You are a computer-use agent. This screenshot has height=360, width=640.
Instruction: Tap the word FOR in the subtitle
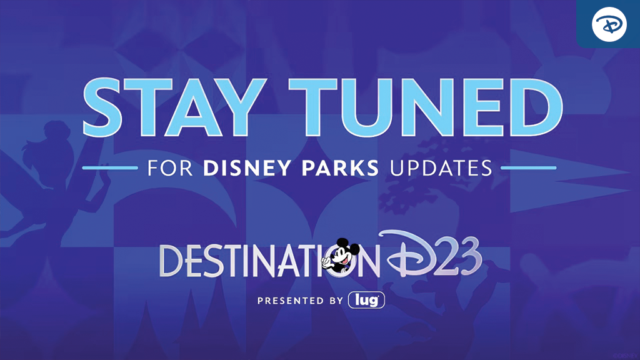coord(170,168)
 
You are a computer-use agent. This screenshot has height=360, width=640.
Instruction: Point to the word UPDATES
coord(441,168)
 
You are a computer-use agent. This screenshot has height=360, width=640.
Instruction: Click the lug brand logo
coord(366,301)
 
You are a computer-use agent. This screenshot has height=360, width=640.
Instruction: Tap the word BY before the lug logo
coord(336,301)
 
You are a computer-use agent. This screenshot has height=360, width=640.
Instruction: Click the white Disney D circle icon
coord(609,24)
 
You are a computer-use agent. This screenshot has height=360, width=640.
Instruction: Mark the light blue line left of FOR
coord(110,167)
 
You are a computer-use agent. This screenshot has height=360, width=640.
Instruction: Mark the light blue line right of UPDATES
coord(529,167)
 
